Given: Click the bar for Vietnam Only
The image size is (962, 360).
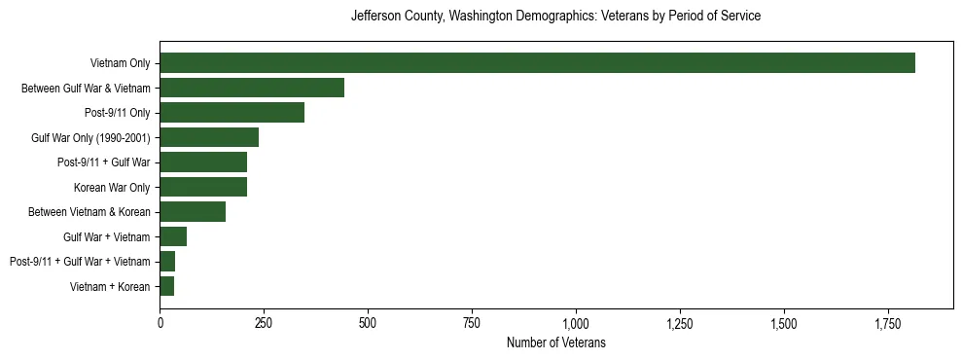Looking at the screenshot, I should coord(537,63).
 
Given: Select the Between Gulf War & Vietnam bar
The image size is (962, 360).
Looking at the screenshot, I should coord(252,88).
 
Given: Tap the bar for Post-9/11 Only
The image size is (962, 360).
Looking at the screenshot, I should coord(232,113).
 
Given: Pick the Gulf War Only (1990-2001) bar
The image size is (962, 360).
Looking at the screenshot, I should coord(209,137).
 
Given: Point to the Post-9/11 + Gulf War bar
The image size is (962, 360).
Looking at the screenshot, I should coord(203,162).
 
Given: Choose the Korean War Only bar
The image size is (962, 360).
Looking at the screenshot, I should coord(203,187).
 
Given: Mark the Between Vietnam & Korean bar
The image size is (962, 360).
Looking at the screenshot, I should coord(193,212).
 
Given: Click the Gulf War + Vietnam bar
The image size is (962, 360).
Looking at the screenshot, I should coord(173,236).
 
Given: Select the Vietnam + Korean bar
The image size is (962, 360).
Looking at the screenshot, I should coord(167,286).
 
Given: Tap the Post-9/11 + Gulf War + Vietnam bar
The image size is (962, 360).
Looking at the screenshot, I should coord(167,262).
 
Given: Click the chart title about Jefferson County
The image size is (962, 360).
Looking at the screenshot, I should coord(555,17).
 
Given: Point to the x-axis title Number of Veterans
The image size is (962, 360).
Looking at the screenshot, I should coord(555,342).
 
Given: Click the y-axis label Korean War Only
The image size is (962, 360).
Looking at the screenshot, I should coord(112,187).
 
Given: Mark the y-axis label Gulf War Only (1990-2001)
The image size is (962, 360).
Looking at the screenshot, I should coord(90,137).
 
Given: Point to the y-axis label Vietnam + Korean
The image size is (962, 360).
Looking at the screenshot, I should coord(110,286).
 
